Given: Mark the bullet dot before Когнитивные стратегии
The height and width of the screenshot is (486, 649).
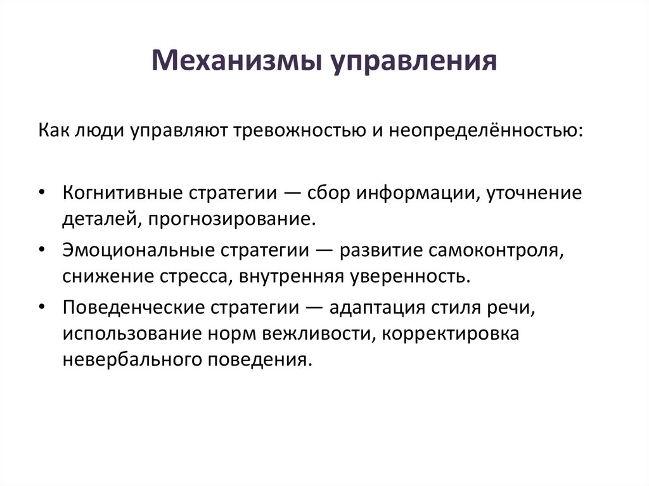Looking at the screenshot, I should click(41, 193).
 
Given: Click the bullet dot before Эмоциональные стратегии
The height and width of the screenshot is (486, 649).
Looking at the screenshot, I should click(41, 250).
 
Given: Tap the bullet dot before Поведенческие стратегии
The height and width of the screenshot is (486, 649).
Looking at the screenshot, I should click(41, 307).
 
